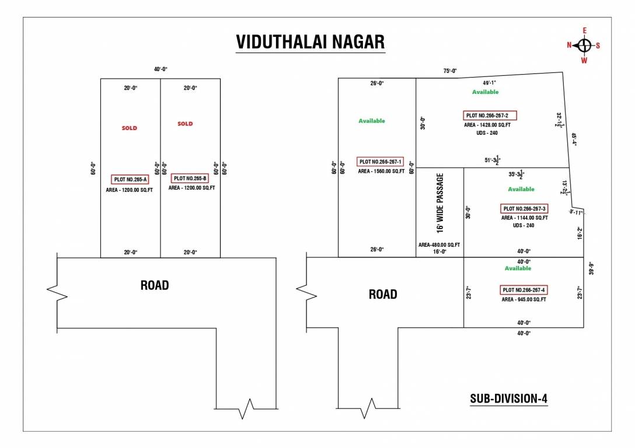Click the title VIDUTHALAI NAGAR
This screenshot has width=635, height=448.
tap(310, 43)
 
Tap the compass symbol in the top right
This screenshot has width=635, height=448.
tap(584, 45)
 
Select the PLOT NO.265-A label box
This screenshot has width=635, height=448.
tap(130, 180)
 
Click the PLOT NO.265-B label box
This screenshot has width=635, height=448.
tap(190, 178)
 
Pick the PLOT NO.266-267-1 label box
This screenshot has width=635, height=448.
tap(380, 162)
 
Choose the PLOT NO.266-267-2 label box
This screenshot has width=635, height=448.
tap(490, 116)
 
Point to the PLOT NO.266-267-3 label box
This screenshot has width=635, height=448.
tap(524, 209)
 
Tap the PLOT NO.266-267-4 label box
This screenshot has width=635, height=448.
tap(524, 290)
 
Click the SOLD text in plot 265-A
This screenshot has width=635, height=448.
tap(130, 128)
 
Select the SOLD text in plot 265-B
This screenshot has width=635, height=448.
tap(185, 124)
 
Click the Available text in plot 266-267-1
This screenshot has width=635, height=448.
tap(372, 121)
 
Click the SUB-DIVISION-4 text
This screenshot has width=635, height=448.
tap(508, 399)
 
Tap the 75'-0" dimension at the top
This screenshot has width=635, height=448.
tap(450, 71)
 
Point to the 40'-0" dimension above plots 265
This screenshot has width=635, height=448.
tap(161, 69)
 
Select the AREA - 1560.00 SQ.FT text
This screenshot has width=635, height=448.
tap(381, 171)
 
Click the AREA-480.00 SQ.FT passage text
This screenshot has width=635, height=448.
tap(439, 245)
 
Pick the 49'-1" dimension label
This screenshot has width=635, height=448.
tap(489, 83)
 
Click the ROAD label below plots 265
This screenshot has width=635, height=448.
tap(155, 285)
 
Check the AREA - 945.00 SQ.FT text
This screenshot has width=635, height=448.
tap(524, 300)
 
